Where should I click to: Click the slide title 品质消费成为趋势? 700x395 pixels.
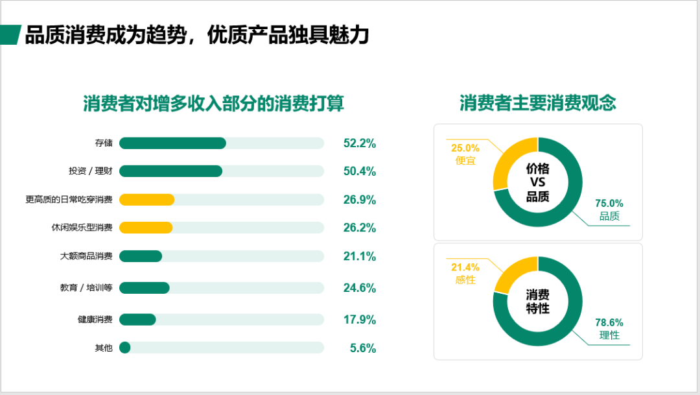coord(196,35)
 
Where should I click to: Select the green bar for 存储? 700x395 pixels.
coord(172,143)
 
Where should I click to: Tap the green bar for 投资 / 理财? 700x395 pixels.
coord(170,171)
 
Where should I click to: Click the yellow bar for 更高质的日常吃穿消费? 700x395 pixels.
coord(146,200)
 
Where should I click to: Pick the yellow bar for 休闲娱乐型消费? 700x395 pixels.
coord(146,228)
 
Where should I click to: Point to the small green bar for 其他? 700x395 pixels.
coord(124,348)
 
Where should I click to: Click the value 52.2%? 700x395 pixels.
coord(359,143)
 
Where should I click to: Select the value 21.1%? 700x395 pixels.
coord(359,256)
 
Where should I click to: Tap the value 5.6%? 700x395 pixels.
coord(362,348)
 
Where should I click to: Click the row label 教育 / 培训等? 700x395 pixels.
coord(86,288)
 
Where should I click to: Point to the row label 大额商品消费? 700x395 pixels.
coord(86,256)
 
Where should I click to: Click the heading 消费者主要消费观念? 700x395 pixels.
coord(537,103)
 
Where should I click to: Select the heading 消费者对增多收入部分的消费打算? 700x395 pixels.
coord(213,103)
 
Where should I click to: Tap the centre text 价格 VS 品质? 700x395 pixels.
coord(537,182)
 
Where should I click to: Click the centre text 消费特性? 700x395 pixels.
coord(537,302)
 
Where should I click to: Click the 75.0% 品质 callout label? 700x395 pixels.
coord(609,209)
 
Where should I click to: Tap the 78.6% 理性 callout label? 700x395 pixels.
coord(609,329)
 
